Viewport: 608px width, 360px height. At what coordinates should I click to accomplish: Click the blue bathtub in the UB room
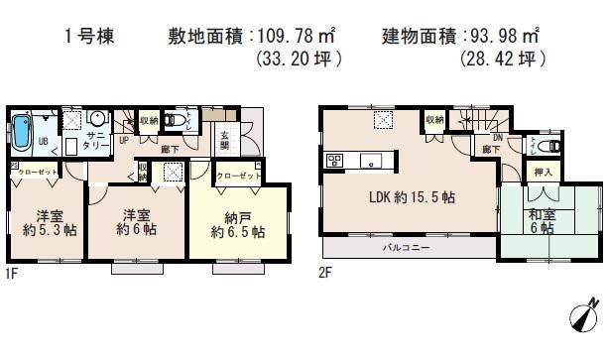22,132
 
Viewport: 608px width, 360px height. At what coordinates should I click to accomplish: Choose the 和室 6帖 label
542,223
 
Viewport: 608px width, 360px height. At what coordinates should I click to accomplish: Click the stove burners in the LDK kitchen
334,160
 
